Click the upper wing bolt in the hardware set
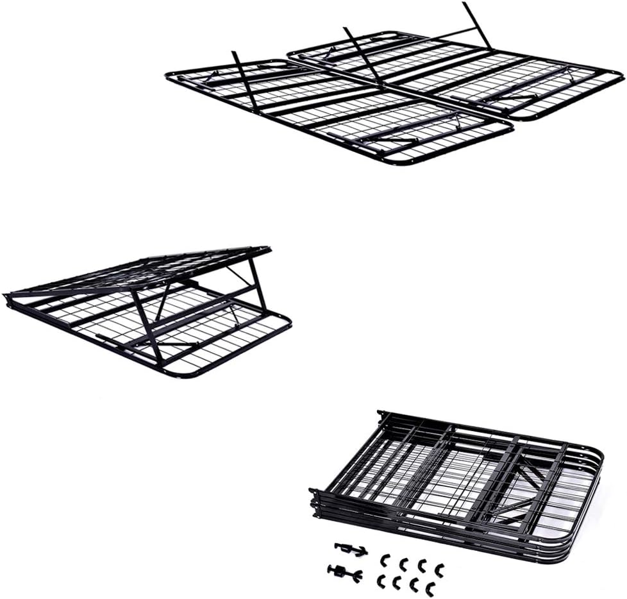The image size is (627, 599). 350,550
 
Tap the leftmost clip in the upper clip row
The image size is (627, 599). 385,561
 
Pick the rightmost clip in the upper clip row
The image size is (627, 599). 439,568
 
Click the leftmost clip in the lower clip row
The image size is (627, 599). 381,580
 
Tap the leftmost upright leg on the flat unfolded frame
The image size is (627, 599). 245,81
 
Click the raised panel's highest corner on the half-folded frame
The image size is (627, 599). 265,249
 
